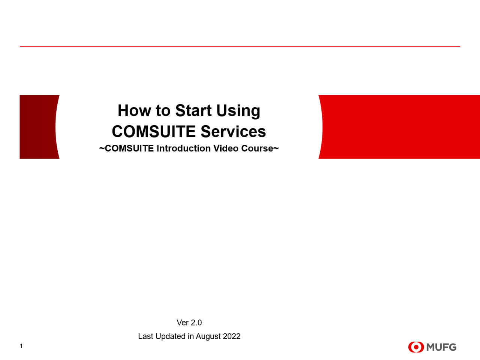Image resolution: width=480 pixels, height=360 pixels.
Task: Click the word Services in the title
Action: pos(233,132)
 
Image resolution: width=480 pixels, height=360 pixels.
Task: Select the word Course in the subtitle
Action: pos(257,148)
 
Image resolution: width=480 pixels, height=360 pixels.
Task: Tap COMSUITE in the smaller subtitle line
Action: pos(129,148)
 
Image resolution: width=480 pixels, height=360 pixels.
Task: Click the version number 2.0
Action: pos(196,322)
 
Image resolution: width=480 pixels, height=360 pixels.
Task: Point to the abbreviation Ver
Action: pos(183,322)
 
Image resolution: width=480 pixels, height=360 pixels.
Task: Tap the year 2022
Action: pos(232,336)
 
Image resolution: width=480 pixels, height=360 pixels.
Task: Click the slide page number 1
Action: pos(21,346)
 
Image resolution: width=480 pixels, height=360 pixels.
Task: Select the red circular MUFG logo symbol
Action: pos(416,347)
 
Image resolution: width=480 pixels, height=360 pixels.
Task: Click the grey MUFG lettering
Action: pos(441,347)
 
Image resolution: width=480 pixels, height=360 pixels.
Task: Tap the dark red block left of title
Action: pos(37,127)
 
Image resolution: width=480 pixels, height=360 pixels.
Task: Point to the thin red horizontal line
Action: pos(240,46)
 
